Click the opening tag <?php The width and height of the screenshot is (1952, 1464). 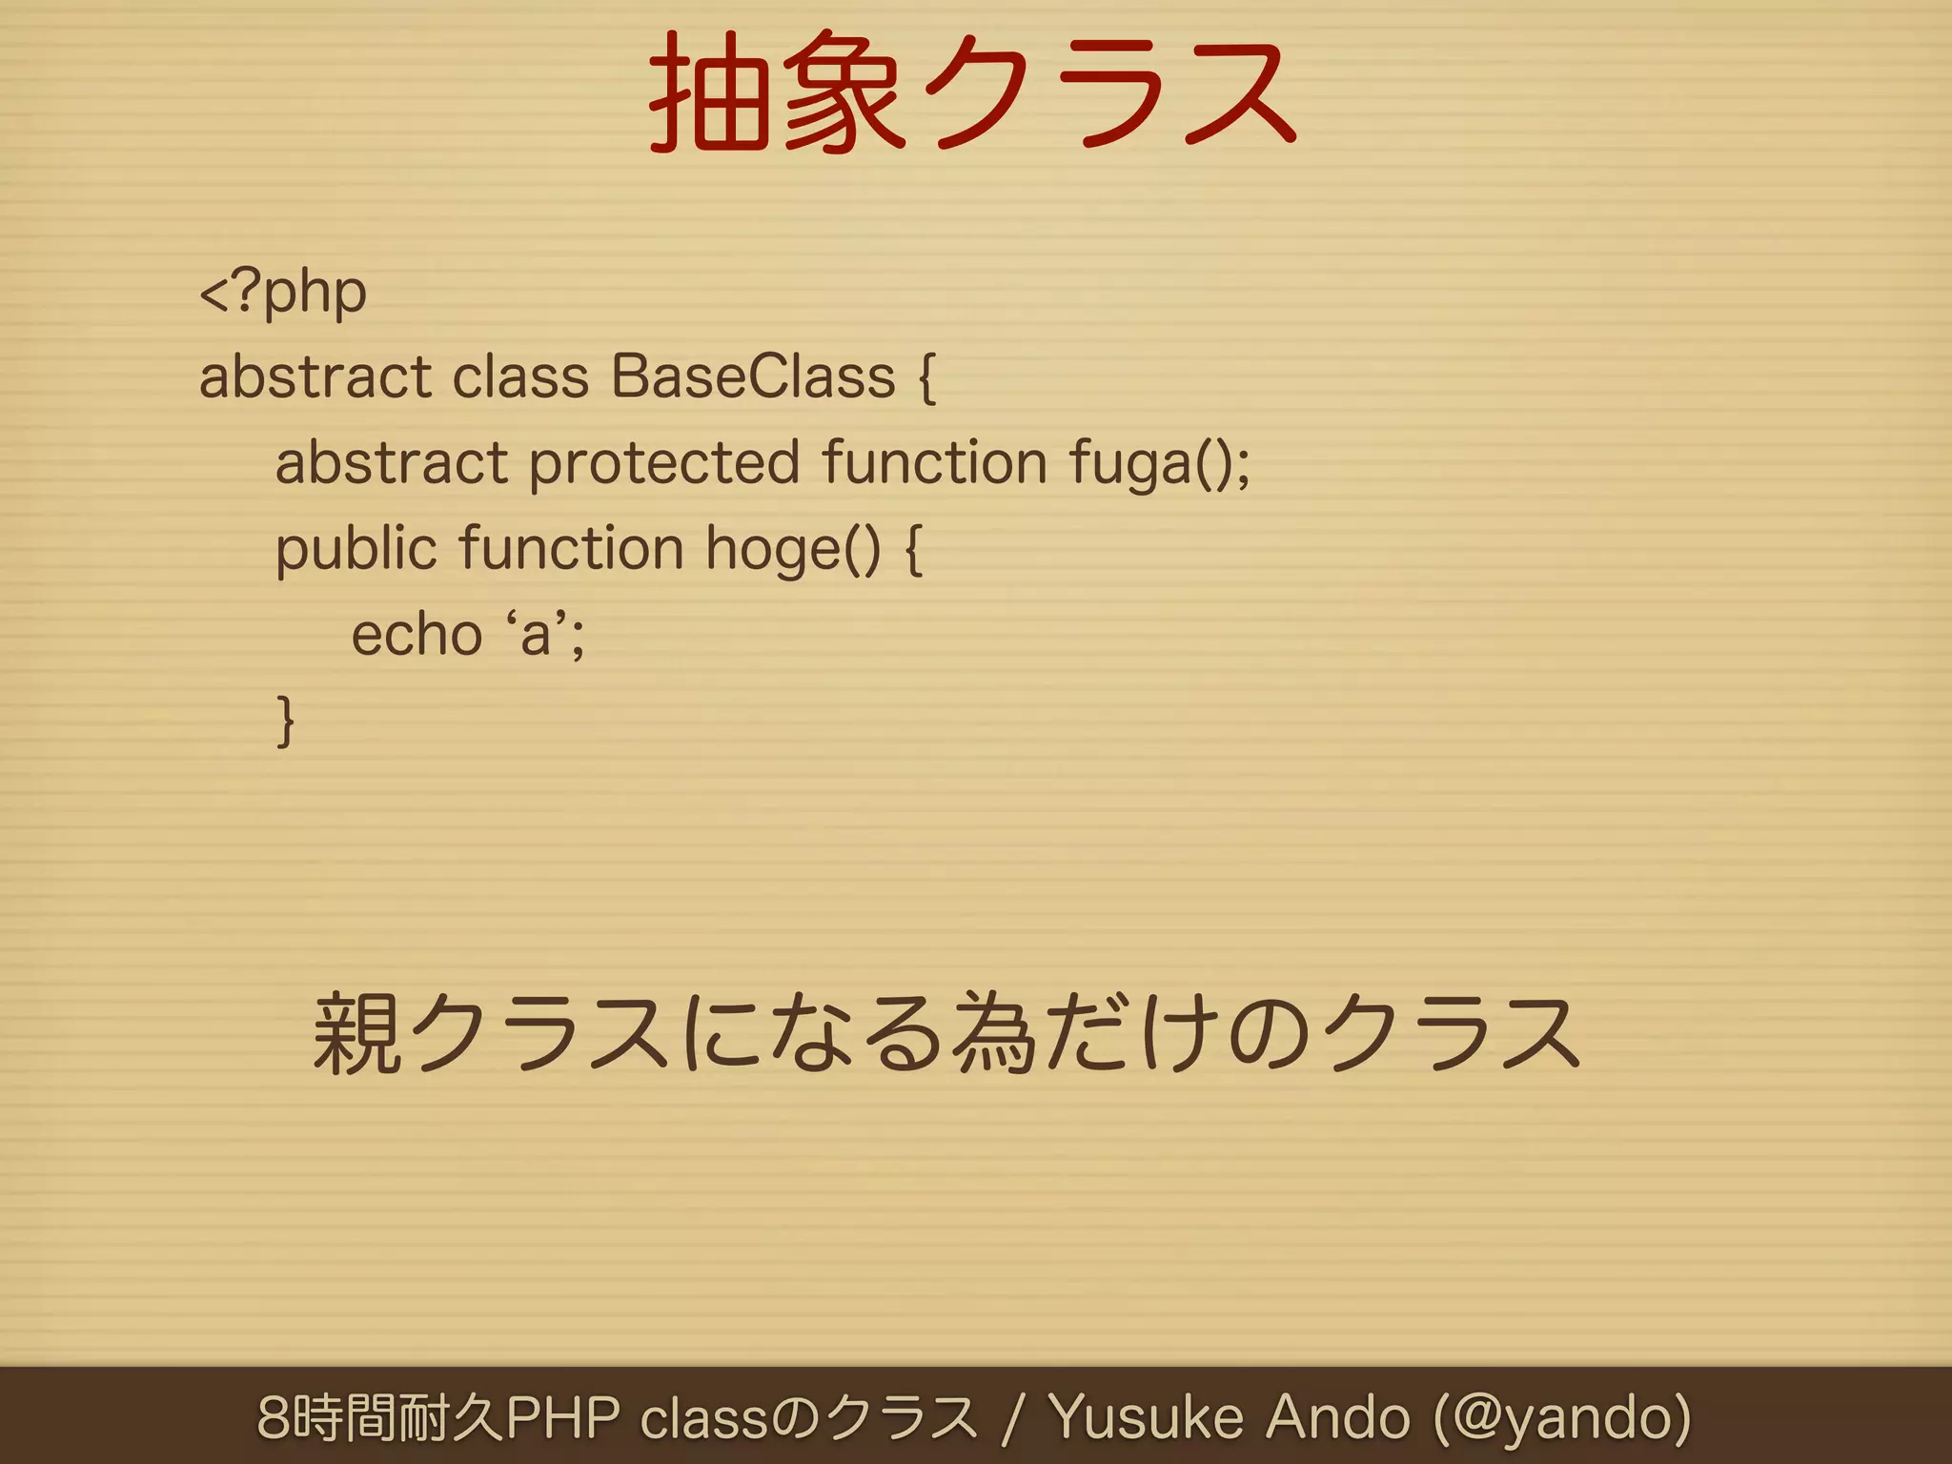click(x=282, y=292)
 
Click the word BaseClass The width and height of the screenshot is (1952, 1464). click(x=753, y=376)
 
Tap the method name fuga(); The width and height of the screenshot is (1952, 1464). click(x=1159, y=464)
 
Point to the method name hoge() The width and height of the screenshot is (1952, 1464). click(x=793, y=550)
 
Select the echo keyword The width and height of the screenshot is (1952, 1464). click(x=417, y=635)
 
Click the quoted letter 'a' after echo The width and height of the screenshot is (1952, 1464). click(x=536, y=635)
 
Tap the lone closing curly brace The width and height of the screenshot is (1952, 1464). click(x=285, y=721)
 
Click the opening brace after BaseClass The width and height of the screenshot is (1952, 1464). click(x=926, y=378)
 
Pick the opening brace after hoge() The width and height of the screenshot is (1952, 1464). click(x=913, y=550)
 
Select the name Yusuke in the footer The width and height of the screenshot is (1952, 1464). click(x=1146, y=1417)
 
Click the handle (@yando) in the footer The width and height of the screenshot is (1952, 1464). click(x=1563, y=1418)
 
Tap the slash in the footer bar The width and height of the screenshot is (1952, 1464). click(x=1013, y=1418)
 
